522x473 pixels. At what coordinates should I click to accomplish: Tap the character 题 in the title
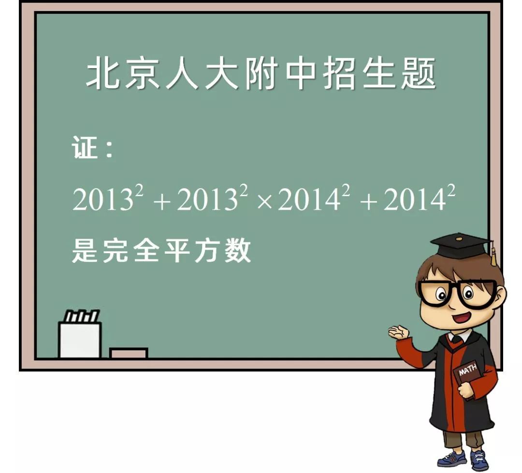419,74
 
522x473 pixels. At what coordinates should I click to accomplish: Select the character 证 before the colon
85,147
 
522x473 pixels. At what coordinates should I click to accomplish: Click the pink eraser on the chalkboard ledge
128,353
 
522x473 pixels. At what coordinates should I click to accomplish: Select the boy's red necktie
456,339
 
